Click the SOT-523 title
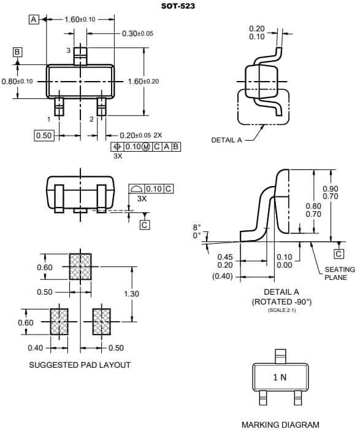(178, 6)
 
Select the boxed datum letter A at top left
(33, 19)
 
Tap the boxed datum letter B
(18, 52)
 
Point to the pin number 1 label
(48, 118)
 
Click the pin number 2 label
(91, 118)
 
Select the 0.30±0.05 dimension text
(137, 33)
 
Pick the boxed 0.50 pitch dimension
(44, 135)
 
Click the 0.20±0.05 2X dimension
(140, 135)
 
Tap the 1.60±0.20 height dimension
(143, 81)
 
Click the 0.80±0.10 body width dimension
(17, 81)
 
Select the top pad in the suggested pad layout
(80, 266)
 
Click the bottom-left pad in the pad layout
(59, 321)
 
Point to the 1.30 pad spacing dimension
(131, 293)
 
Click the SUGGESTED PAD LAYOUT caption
(80, 365)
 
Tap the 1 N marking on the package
(279, 377)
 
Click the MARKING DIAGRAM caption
(280, 424)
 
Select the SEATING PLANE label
(339, 274)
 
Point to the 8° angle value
(196, 228)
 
